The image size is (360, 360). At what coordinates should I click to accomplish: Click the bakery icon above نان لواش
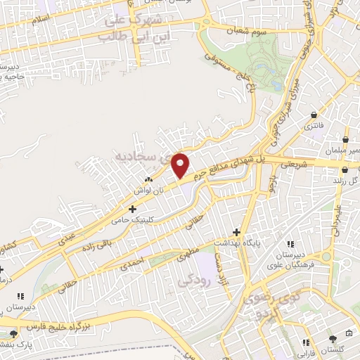(148, 181)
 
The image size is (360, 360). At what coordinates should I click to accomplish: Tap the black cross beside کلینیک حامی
(133, 209)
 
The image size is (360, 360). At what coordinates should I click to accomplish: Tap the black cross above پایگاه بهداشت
(237, 232)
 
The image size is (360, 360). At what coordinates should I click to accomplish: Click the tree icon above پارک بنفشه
(13, 334)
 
